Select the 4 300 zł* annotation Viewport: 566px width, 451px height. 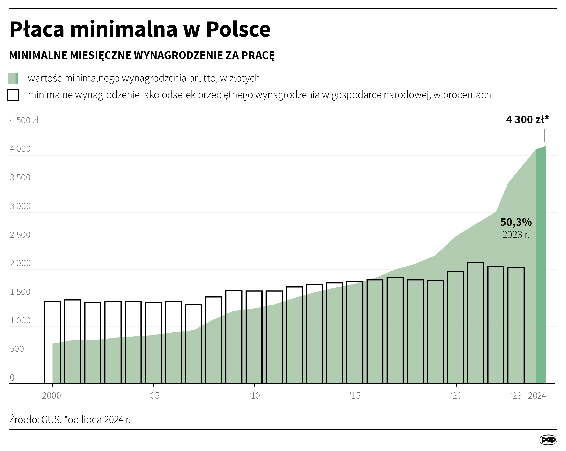pyautogui.click(x=527, y=120)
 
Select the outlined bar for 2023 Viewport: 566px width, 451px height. pyautogui.click(x=516, y=326)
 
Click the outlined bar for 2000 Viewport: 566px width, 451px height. pyautogui.click(x=52, y=343)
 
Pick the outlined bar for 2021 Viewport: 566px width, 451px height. pyautogui.click(x=476, y=323)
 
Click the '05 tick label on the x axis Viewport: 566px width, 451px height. pyautogui.click(x=154, y=396)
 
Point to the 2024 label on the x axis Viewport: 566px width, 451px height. pyautogui.click(x=537, y=396)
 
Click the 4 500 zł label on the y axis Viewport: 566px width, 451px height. pyautogui.click(x=24, y=121)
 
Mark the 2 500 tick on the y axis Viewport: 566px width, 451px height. pyautogui.click(x=20, y=235)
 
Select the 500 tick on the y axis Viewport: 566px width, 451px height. pyautogui.click(x=17, y=349)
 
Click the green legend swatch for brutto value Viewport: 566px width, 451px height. pyautogui.click(x=13, y=79)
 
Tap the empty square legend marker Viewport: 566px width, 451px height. pyautogui.click(x=13, y=95)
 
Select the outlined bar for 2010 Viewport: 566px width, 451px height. pyautogui.click(x=254, y=337)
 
